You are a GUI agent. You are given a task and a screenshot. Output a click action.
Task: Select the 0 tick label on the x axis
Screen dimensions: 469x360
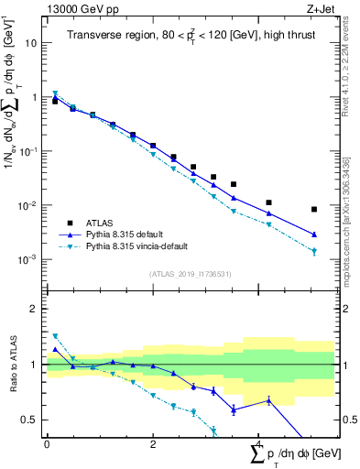47,443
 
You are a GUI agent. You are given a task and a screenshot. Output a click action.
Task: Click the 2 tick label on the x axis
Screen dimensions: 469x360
153,443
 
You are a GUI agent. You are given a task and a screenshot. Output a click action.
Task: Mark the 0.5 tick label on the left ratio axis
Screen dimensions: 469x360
27,420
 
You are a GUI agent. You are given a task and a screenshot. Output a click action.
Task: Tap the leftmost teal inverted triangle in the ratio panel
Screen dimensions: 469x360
55,336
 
